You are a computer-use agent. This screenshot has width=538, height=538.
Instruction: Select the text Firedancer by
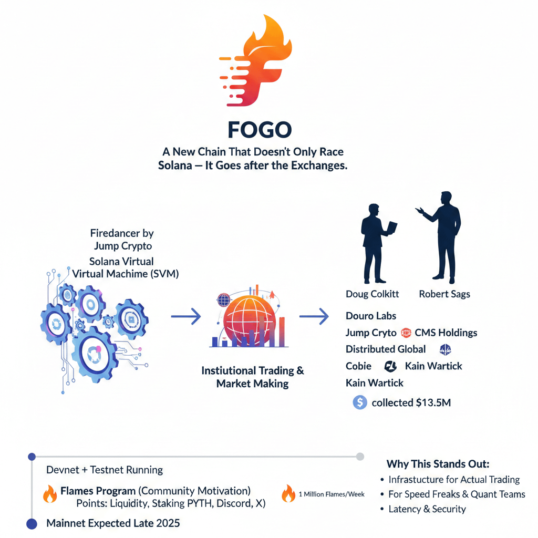[122, 233]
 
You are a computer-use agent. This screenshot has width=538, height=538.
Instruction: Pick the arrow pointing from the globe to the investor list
[314, 316]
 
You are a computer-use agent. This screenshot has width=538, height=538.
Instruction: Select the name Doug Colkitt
[373, 294]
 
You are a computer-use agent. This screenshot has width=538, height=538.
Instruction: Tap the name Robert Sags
[444, 294]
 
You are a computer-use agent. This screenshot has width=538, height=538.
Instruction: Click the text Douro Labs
[371, 316]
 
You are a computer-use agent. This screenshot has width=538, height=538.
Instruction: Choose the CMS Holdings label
[446, 333]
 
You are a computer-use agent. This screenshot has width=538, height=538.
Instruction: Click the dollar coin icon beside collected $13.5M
[360, 402]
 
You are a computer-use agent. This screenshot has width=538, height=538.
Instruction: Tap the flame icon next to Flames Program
[50, 494]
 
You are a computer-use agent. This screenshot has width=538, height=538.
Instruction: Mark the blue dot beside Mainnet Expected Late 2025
[32, 523]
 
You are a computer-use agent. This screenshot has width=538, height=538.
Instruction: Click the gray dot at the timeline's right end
[360, 456]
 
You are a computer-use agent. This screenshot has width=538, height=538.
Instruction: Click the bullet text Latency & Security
[427, 509]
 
